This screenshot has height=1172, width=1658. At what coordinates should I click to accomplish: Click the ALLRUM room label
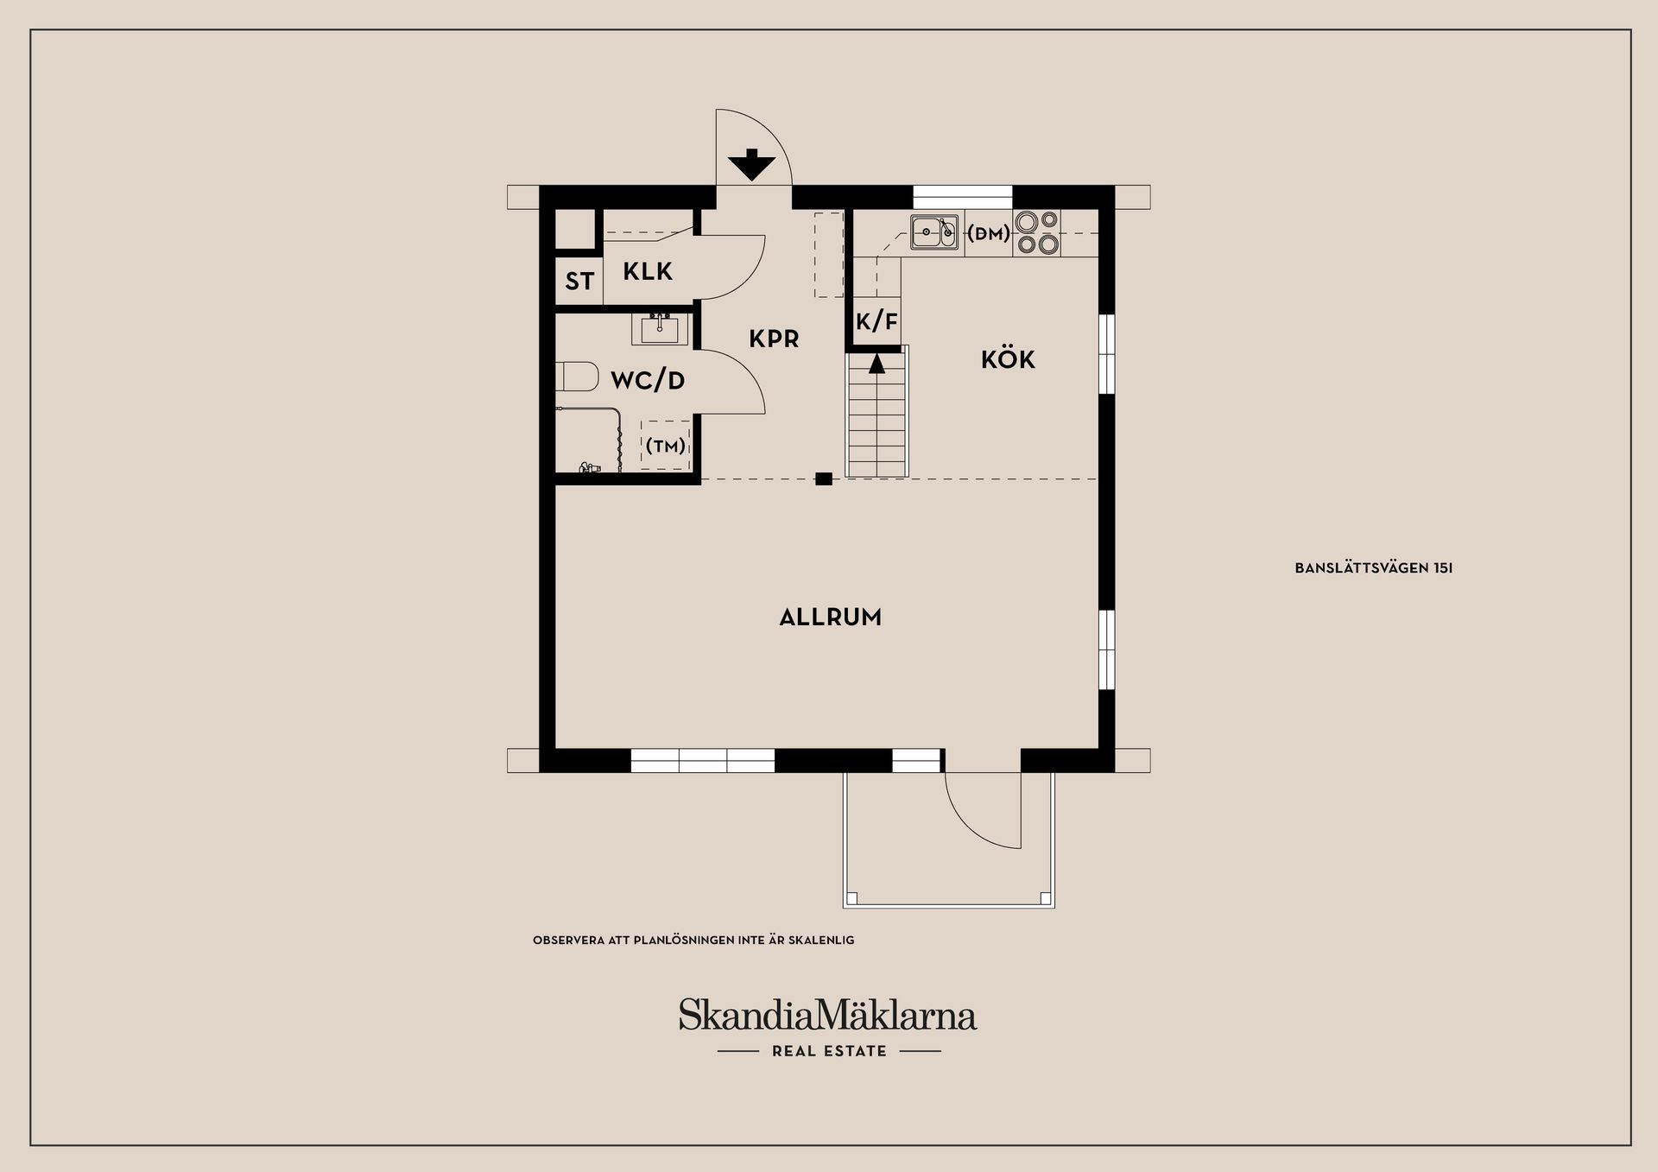(x=830, y=618)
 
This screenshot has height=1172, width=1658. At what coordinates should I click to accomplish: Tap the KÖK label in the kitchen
(x=1008, y=358)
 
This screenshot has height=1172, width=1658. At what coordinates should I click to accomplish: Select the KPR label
(x=774, y=339)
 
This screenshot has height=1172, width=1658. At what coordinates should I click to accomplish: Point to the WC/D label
(x=648, y=380)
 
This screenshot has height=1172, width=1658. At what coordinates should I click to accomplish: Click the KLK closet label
(x=648, y=272)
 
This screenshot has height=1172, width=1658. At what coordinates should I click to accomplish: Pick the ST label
(x=579, y=281)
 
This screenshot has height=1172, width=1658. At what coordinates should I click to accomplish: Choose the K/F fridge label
(x=876, y=322)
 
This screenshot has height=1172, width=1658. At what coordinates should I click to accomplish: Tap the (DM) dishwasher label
(x=989, y=232)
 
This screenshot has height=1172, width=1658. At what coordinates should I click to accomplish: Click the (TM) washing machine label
(x=666, y=446)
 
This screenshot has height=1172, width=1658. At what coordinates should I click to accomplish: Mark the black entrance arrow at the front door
(x=752, y=164)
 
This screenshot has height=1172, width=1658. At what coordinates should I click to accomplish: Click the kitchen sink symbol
(x=933, y=232)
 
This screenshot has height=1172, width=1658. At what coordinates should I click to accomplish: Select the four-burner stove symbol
(x=1037, y=232)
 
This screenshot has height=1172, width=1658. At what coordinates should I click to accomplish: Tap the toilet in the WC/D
(x=578, y=377)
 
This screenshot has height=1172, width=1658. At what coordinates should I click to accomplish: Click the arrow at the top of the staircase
(x=876, y=363)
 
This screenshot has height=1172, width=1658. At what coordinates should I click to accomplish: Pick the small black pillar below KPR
(x=824, y=478)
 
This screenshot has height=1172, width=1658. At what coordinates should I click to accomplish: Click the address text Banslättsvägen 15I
(x=1373, y=568)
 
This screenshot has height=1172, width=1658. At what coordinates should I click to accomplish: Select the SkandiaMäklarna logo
(x=827, y=1015)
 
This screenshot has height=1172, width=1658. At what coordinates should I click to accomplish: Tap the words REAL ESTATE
(x=829, y=1051)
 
